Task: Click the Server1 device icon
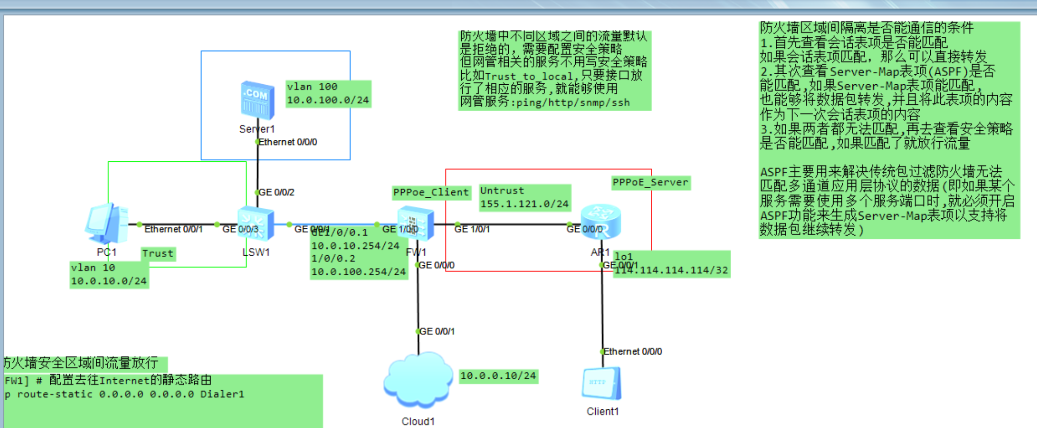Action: (257, 100)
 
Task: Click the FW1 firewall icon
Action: (415, 223)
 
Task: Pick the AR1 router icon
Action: (601, 222)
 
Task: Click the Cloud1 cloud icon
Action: (418, 381)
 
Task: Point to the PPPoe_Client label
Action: (431, 192)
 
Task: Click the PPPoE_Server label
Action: (650, 182)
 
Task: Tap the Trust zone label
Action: (158, 254)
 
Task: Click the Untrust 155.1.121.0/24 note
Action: (524, 197)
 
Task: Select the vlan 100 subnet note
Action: (328, 93)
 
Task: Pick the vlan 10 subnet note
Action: (109, 274)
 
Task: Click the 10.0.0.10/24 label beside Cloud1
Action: (498, 376)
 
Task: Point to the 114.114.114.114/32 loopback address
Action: (671, 270)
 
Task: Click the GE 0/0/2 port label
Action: (277, 192)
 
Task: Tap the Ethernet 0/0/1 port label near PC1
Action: (173, 229)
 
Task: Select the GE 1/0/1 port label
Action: (472, 229)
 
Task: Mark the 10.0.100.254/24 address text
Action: (358, 272)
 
